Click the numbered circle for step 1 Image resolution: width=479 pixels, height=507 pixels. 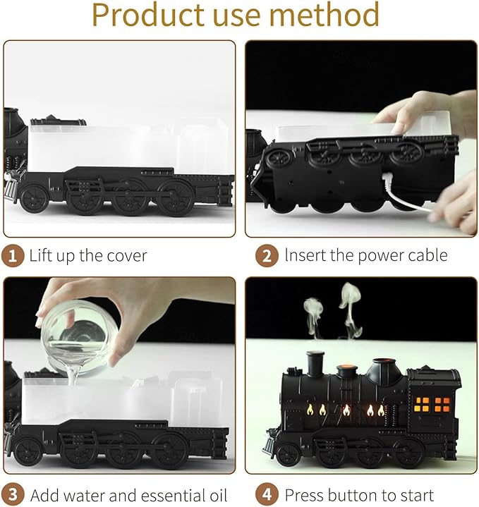tap(13, 256)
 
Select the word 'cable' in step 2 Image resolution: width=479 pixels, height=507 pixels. tap(425, 256)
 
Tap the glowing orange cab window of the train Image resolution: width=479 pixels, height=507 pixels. tap(430, 404)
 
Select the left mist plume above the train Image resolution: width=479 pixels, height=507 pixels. tap(313, 310)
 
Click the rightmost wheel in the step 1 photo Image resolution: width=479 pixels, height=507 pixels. tap(175, 200)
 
